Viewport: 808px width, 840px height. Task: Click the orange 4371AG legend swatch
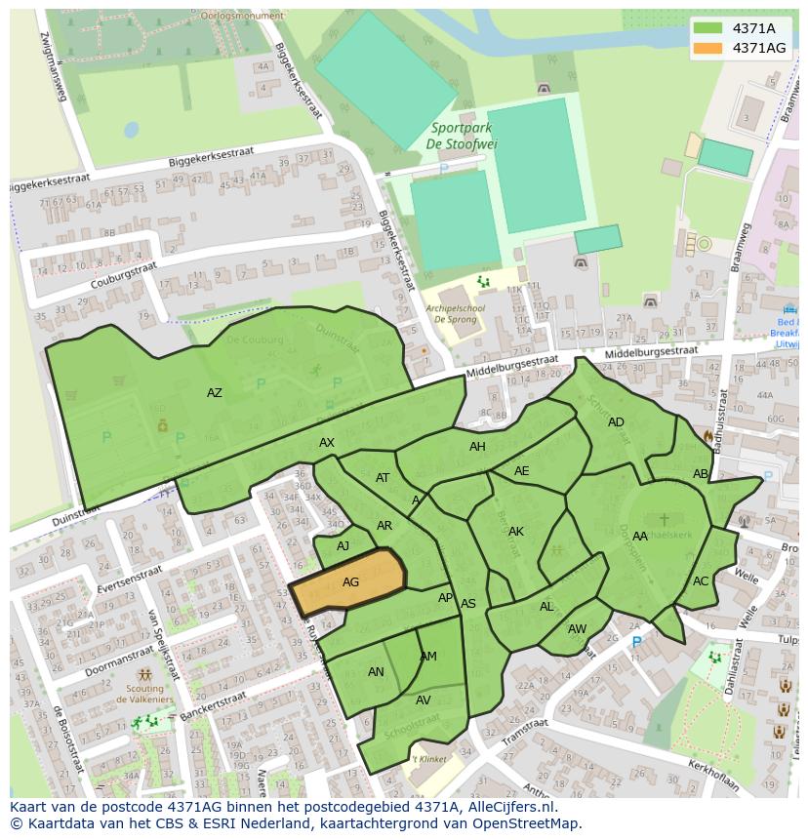[708, 48]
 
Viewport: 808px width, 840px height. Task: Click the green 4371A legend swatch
[708, 28]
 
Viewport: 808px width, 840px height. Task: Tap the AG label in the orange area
[350, 582]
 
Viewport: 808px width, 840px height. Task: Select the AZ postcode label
[215, 393]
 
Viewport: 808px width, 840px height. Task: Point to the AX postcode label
[327, 443]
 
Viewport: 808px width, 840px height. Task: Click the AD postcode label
[616, 422]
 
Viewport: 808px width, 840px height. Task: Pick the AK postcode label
[516, 532]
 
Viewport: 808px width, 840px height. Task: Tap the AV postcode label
[424, 700]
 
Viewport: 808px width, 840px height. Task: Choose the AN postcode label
[376, 672]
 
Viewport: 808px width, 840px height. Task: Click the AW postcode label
[577, 629]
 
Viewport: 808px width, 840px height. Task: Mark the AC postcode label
[701, 580]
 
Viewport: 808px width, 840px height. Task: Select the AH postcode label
[477, 447]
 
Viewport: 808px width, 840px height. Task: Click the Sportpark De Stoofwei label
[462, 137]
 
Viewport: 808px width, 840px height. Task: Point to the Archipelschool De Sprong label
[454, 312]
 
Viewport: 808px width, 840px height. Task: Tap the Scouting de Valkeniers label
[144, 693]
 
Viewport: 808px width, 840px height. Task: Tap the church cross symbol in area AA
[665, 520]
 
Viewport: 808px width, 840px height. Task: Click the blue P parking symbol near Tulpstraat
[637, 643]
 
